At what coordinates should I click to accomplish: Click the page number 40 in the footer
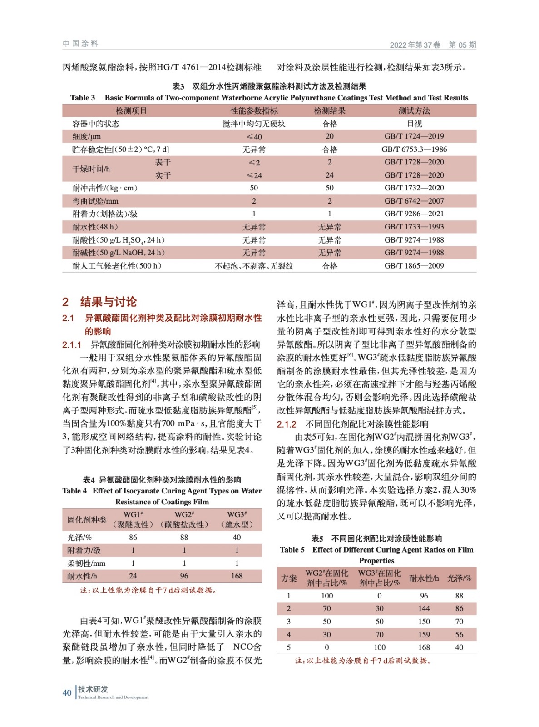coord(67,692)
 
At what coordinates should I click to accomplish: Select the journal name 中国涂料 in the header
coord(80,44)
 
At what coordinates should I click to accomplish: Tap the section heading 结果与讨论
coord(108,302)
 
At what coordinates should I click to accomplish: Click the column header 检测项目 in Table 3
coord(131,110)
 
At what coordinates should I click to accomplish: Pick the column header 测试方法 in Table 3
coord(414,110)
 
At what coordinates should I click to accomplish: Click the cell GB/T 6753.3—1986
coord(414,149)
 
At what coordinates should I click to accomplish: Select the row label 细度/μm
coord(86,136)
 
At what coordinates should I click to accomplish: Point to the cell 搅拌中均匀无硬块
coord(253,124)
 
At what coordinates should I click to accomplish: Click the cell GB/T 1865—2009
coord(414,266)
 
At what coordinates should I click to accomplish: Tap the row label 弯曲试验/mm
coord(95,201)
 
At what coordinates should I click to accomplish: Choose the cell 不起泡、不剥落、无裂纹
coord(253,266)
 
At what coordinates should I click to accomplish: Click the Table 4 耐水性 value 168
coord(237,576)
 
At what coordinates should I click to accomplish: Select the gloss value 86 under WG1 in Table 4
coord(133,537)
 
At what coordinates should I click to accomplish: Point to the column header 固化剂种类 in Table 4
coord(87,519)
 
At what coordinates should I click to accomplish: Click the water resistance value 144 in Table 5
coord(424,608)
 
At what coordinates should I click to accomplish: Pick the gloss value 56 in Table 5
coord(459,634)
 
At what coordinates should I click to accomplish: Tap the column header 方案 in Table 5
coord(288,578)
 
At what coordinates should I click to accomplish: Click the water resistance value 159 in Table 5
coord(424,634)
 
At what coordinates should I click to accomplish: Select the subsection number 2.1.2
coord(287,424)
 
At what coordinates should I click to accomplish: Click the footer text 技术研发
coord(93,689)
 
